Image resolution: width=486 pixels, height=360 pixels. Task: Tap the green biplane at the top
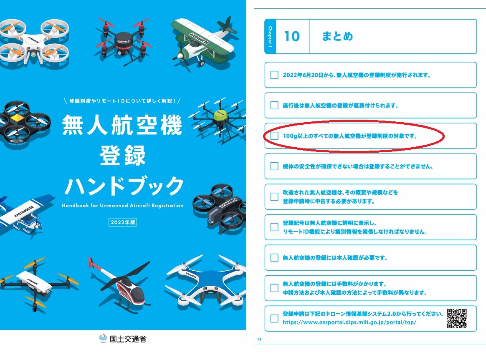coord(203,42)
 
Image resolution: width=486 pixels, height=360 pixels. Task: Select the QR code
coord(457,318)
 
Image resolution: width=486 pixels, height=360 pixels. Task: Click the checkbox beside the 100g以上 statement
coord(274,136)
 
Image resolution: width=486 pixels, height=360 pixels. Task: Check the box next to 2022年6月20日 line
coord(274,75)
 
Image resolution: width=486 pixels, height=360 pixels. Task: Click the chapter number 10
coord(292,37)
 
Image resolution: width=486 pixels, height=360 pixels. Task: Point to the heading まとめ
coord(337,36)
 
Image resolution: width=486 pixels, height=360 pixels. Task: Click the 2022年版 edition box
coord(123,222)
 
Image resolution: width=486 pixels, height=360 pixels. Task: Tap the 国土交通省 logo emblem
coord(103,338)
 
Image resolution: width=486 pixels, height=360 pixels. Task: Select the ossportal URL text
coord(349,322)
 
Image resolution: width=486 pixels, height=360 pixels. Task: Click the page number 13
coord(259,339)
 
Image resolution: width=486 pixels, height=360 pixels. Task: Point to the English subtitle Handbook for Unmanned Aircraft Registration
coord(122,205)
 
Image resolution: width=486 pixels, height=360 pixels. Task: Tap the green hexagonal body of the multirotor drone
coord(220,116)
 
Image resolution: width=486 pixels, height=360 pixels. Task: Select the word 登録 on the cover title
coord(123,156)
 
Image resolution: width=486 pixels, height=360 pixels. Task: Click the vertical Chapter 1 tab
coord(270,37)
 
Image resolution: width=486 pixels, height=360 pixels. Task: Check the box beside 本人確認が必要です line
coord(274,257)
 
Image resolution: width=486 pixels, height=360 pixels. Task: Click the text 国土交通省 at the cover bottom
coord(128,339)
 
